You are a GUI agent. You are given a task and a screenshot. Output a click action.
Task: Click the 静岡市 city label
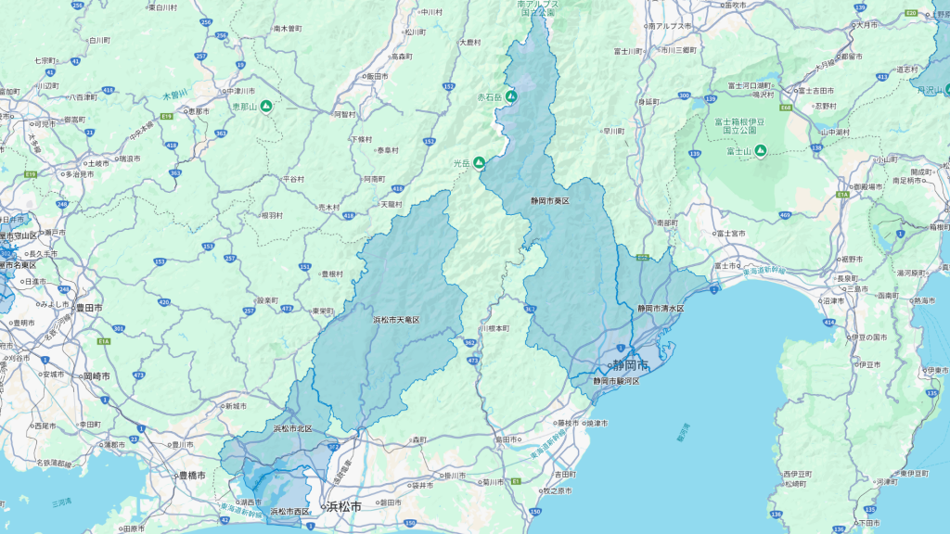632,365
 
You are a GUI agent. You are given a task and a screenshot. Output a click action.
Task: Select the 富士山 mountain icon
760,151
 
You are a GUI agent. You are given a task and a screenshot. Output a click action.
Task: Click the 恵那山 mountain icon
266,107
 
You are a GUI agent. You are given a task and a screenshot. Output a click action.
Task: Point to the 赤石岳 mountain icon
509,95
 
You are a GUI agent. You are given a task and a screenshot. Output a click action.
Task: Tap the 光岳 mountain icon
480,163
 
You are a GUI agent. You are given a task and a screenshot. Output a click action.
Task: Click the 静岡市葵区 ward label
549,200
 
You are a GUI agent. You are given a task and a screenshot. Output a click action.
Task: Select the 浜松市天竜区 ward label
396,320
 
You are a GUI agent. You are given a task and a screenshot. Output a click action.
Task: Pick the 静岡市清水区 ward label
660,308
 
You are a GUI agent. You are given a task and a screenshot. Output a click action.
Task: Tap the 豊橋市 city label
188,476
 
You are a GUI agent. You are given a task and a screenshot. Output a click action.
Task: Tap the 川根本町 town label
495,328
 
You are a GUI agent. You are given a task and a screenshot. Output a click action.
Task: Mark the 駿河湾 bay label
684,431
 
